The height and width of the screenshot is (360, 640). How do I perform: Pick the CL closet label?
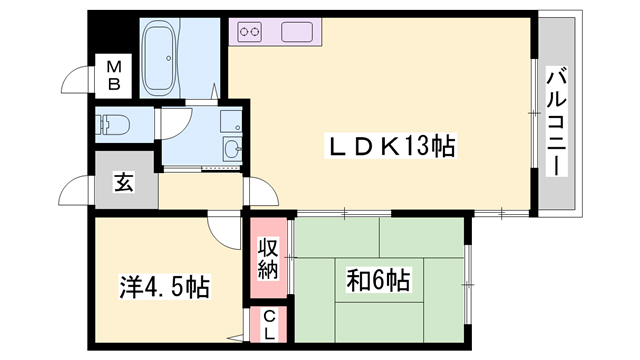[269, 324]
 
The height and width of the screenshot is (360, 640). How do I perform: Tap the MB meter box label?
[115, 76]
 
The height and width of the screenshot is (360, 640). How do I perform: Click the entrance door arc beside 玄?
[76, 190]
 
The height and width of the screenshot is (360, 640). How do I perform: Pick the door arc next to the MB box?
[76, 80]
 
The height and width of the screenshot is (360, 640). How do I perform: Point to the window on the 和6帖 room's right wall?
[466, 270]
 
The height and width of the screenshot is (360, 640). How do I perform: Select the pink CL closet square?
[269, 324]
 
